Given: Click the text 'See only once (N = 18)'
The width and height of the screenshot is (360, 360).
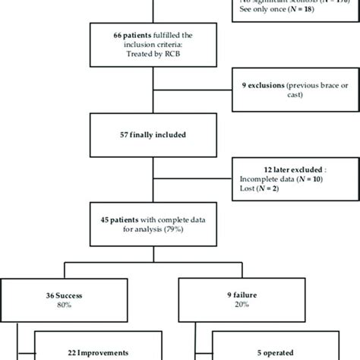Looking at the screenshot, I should [273, 13].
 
